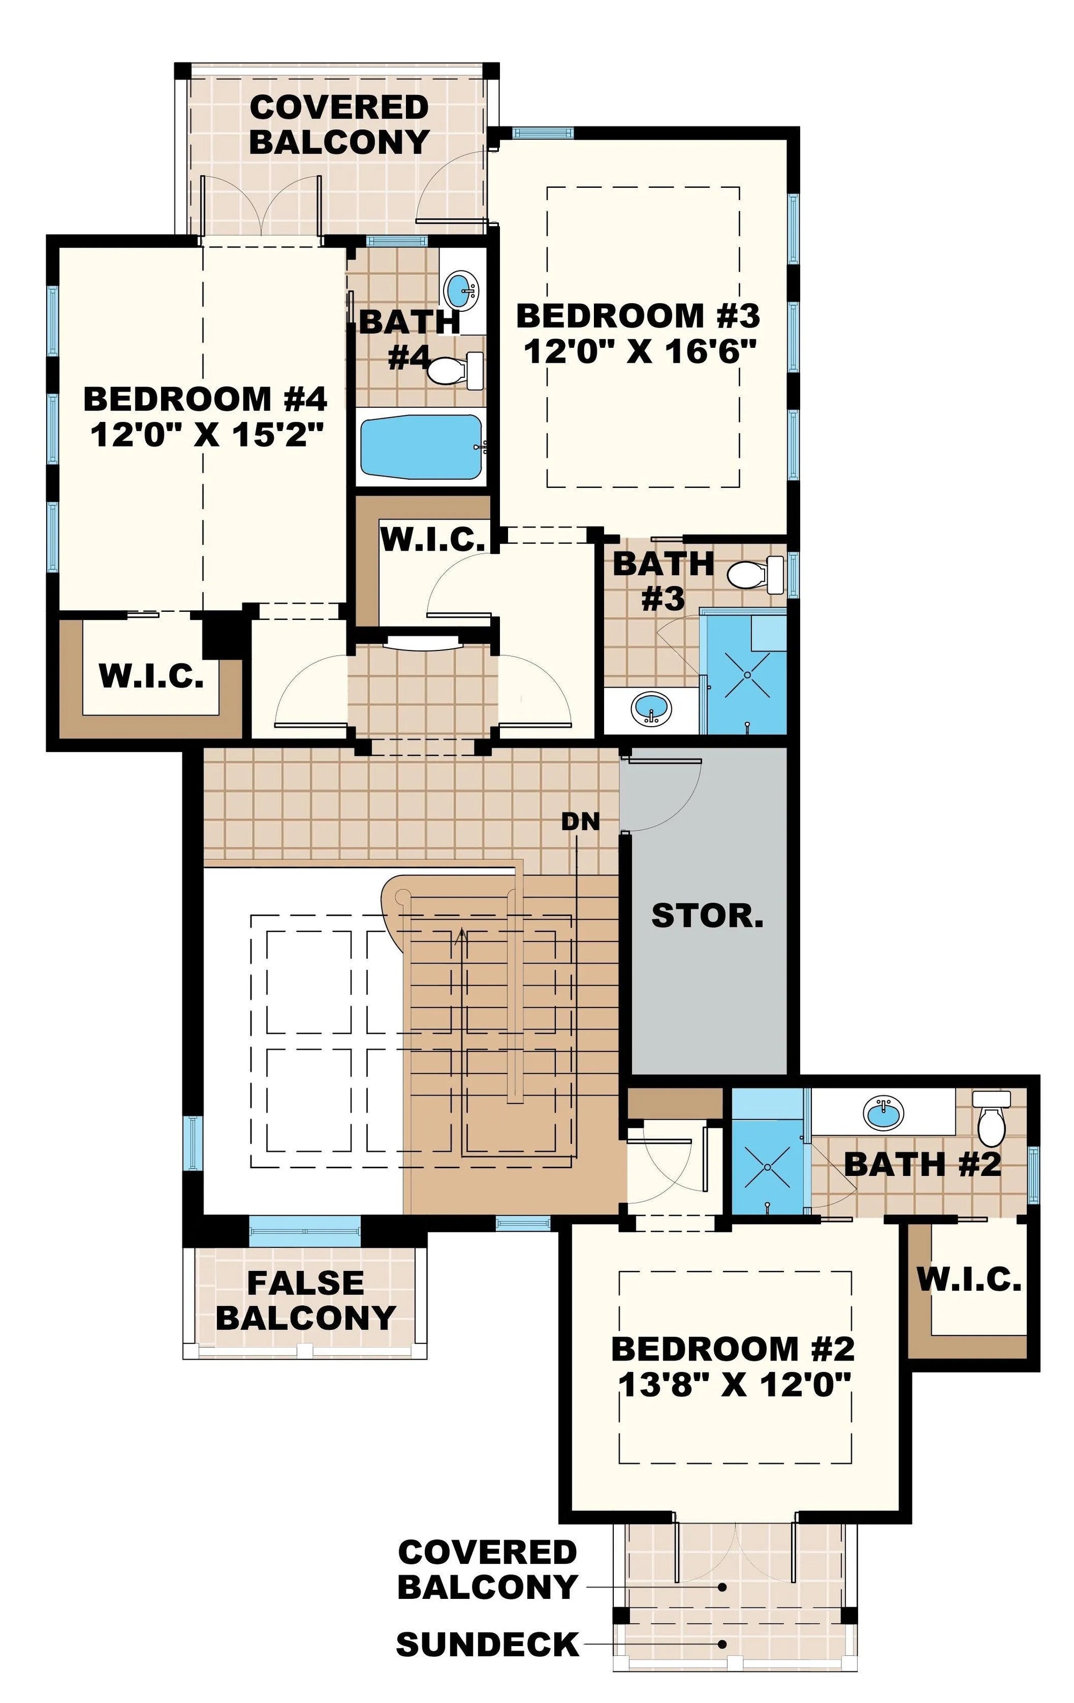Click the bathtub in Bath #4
[422, 447]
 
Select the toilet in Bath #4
[455, 370]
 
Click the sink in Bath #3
[651, 708]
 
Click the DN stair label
[580, 821]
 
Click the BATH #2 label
[923, 1164]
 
